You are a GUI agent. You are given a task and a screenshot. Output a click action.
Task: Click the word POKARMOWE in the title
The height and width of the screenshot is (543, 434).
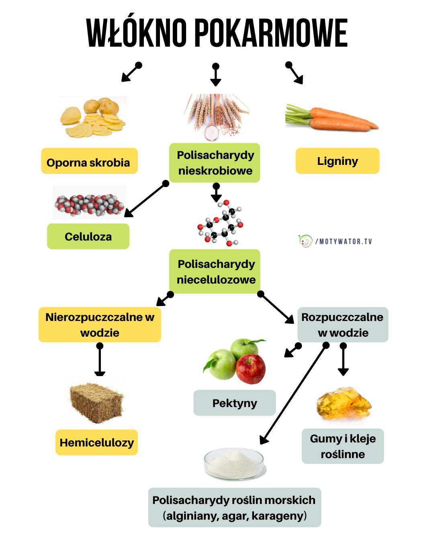271,33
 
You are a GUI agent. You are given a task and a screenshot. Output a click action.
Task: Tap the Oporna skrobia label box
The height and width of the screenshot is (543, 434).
89,161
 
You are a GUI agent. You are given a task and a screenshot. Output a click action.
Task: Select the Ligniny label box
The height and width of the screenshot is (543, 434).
337,161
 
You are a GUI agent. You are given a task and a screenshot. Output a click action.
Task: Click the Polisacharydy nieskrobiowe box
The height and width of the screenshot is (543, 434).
215,163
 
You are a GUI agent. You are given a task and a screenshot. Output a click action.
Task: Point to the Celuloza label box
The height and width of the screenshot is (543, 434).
88,237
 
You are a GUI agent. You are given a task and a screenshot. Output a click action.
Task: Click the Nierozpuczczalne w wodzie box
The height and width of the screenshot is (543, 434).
100,325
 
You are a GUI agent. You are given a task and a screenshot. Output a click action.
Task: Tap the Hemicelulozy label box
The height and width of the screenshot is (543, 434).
96,442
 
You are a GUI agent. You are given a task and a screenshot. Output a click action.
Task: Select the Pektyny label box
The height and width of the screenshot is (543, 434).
235,403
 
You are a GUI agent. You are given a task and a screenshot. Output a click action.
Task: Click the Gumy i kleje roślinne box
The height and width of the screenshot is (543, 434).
343,446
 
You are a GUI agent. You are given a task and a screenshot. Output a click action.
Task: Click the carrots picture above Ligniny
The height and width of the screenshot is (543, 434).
332,118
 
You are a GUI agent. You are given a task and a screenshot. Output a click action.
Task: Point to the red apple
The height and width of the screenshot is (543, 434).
251,368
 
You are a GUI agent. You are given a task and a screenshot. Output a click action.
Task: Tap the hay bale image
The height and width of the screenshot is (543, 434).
96,402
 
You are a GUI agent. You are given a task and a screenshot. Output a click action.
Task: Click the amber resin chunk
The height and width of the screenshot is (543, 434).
344,403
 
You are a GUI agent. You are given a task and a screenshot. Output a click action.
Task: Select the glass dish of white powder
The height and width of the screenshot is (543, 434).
234,464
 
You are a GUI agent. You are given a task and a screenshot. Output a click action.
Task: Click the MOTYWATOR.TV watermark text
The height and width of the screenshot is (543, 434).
346,241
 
